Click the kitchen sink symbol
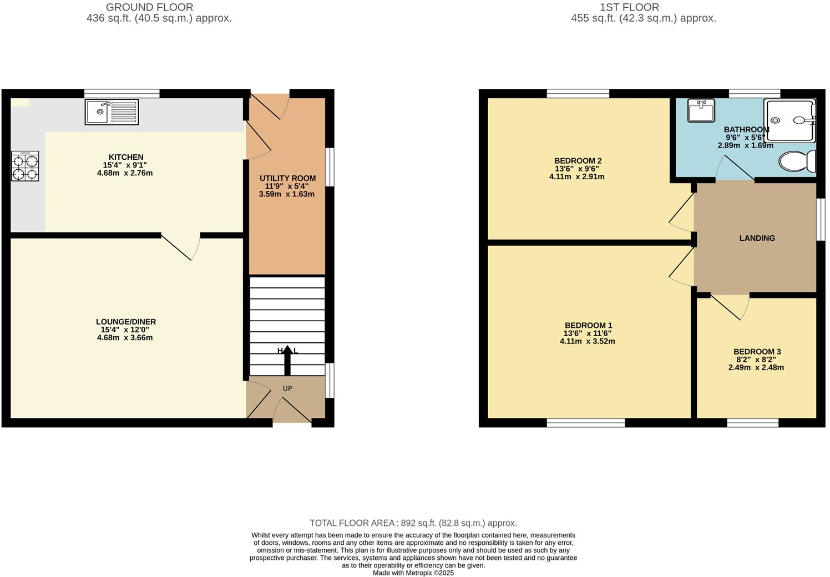pyautogui.click(x=112, y=112)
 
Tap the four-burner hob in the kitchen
pyautogui.click(x=25, y=166)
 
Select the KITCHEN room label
pyautogui.click(x=126, y=157)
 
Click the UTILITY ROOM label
pyautogui.click(x=287, y=178)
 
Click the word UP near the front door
pyautogui.click(x=287, y=388)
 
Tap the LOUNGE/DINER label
pyautogui.click(x=126, y=322)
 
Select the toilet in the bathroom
pyautogui.click(x=798, y=161)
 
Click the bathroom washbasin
pyautogui.click(x=701, y=110)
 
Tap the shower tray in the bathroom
pyautogui.click(x=790, y=120)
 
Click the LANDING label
pyautogui.click(x=757, y=238)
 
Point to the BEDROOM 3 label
pyautogui.click(x=757, y=352)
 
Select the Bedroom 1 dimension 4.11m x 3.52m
pyautogui.click(x=588, y=341)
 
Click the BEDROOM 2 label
pyautogui.click(x=578, y=161)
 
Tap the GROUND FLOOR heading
pyautogui.click(x=150, y=7)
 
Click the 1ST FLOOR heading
pyautogui.click(x=629, y=7)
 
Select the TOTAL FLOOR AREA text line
pyautogui.click(x=413, y=523)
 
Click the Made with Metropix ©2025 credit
pyautogui.click(x=413, y=573)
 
